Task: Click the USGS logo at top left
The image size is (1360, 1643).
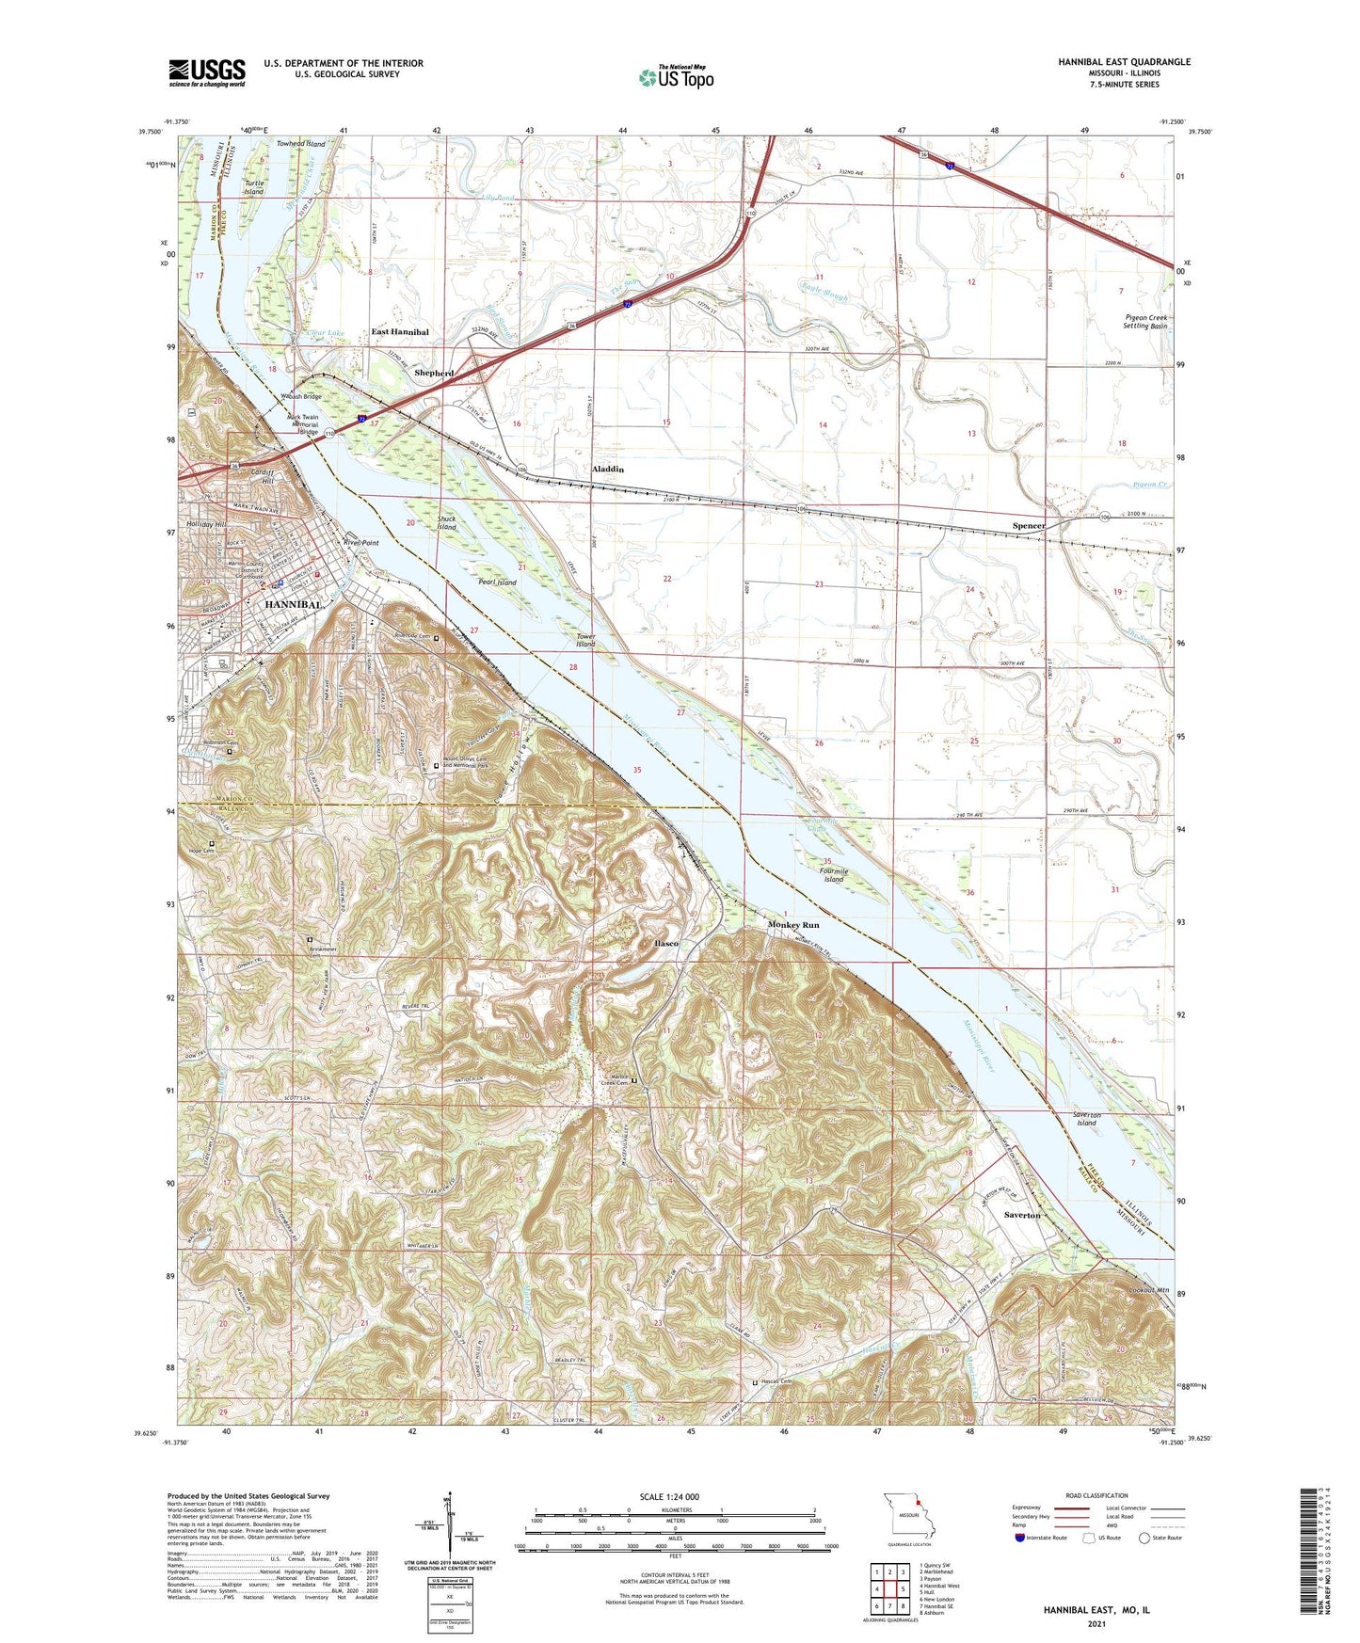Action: (207, 72)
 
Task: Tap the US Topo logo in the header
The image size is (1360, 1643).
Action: (676, 77)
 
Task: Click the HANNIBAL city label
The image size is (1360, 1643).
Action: (294, 604)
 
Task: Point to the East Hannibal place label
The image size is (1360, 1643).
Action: (400, 332)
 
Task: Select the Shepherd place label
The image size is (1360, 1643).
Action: (434, 373)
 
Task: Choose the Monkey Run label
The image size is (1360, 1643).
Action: (793, 925)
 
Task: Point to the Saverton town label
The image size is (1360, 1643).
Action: (1022, 1215)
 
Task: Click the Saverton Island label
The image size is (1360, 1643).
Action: (1086, 1119)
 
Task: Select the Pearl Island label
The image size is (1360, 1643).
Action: (497, 582)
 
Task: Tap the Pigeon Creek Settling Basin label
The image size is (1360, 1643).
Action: (1145, 322)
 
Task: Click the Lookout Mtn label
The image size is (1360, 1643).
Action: (1148, 1290)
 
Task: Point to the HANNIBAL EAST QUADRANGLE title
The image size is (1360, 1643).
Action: (1124, 62)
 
